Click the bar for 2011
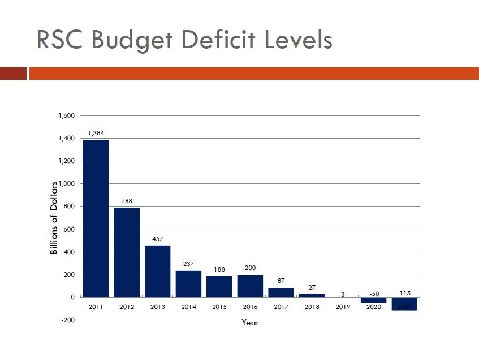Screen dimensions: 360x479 click(x=96, y=218)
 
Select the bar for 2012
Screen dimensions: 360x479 click(x=127, y=252)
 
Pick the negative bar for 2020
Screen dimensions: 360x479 click(x=373, y=300)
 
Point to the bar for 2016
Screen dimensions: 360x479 click(x=250, y=285)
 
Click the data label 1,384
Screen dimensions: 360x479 click(x=96, y=133)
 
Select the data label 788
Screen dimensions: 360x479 click(x=127, y=200)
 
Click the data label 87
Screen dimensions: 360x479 click(x=281, y=280)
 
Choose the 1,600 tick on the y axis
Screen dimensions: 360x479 click(x=66, y=116)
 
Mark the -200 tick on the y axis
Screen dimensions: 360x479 click(x=68, y=320)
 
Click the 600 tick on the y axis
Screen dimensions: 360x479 click(x=69, y=229)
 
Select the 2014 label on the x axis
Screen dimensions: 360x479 click(x=188, y=307)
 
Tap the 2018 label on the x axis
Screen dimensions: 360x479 click(x=312, y=307)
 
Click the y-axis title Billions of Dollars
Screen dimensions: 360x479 click(x=54, y=217)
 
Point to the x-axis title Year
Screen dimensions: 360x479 click(x=250, y=323)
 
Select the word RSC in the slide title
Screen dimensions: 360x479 click(x=59, y=40)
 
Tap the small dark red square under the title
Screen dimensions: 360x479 click(x=13, y=74)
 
